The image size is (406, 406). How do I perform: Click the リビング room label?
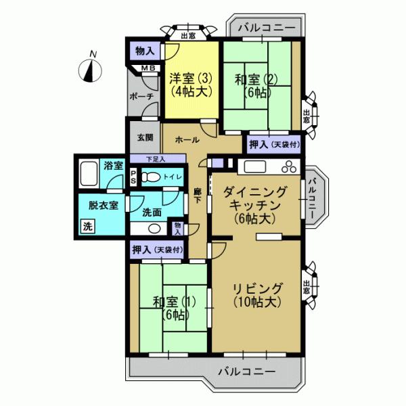tap(256, 295)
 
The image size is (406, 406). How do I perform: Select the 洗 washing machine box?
tap(87, 227)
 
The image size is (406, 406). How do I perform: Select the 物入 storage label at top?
tap(145, 51)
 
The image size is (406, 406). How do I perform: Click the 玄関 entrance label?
tap(145, 137)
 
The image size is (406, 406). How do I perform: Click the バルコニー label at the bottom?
tap(246, 371)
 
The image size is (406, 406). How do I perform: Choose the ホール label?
tap(187, 140)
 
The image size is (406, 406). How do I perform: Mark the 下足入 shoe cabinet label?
tap(156, 159)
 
